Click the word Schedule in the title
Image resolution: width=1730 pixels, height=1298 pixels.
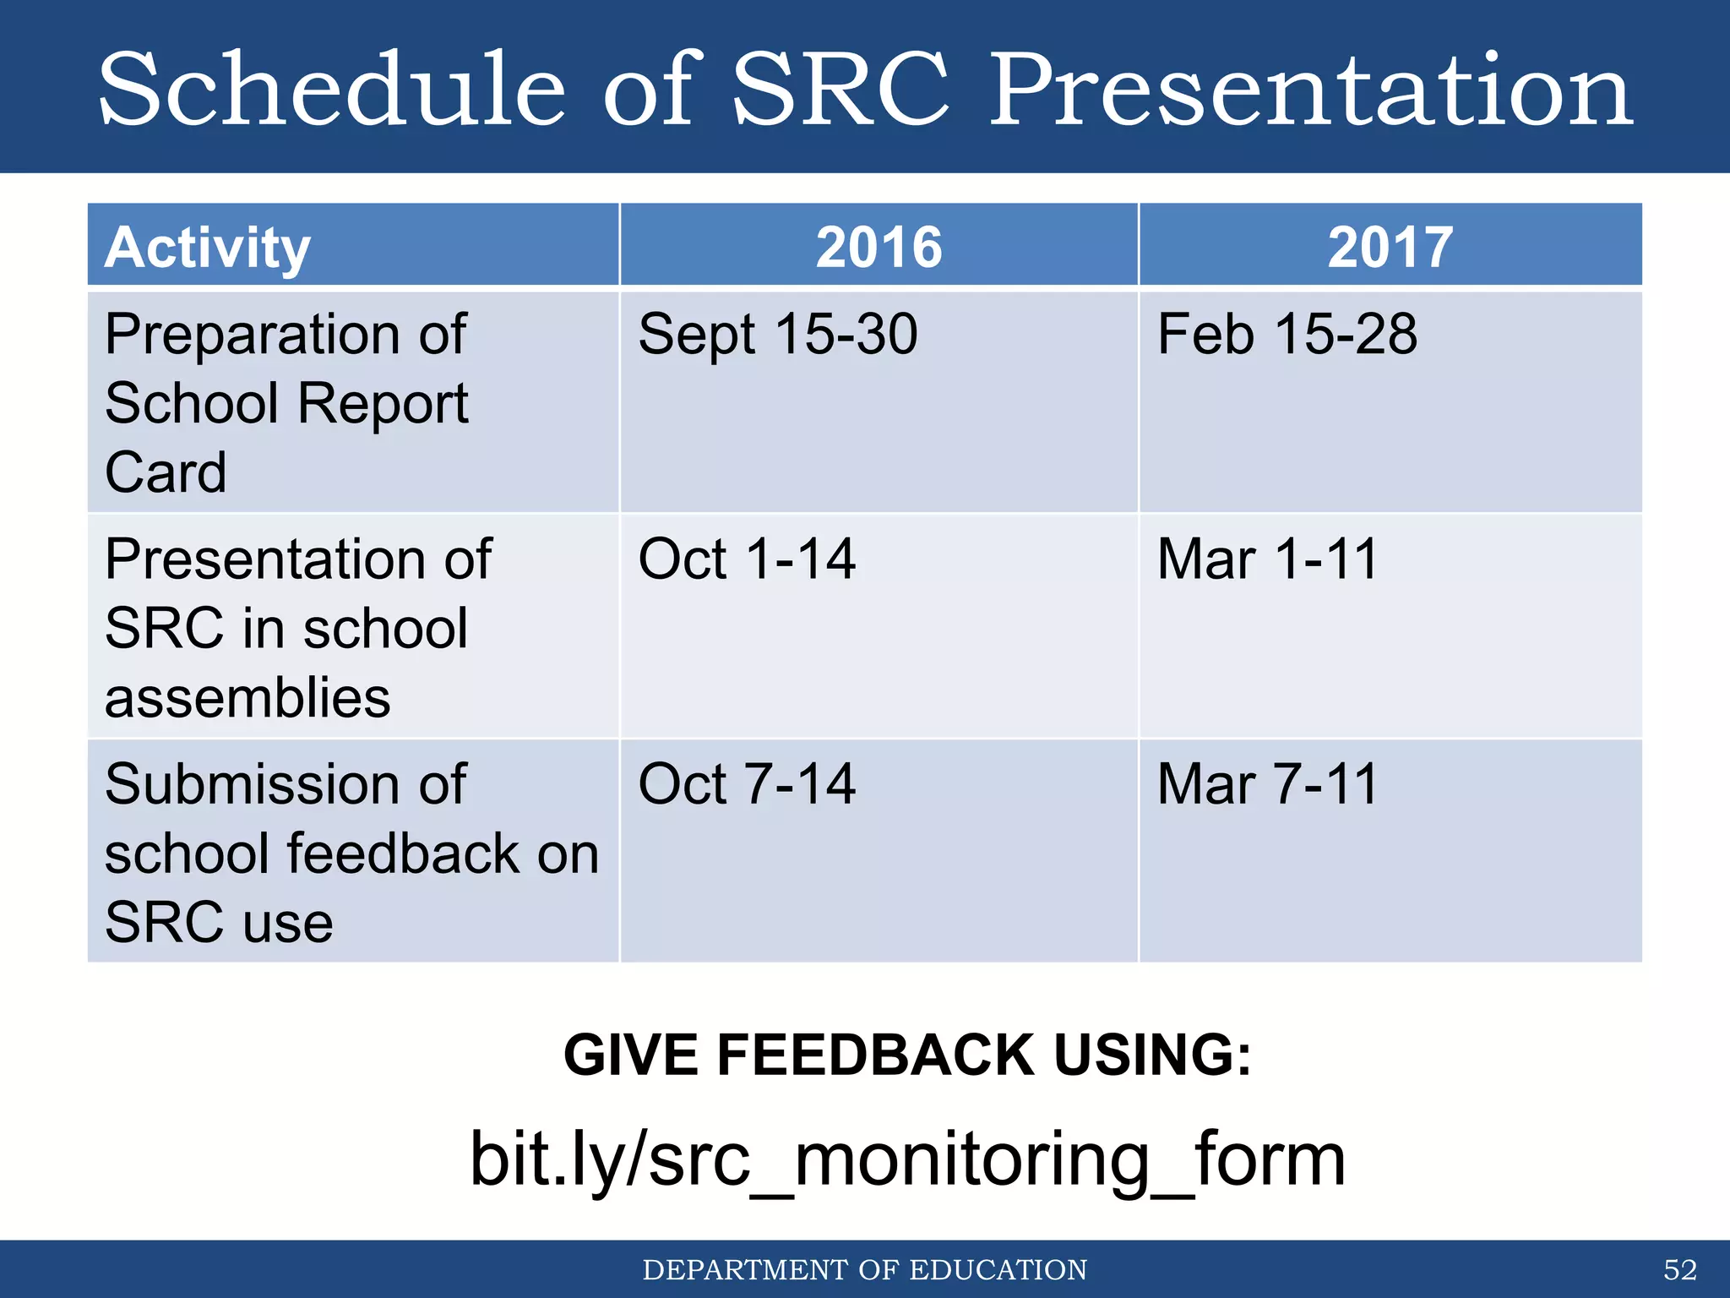tap(331, 89)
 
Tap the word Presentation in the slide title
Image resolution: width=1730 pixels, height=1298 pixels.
tap(1311, 89)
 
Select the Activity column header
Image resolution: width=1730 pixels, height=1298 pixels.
tap(208, 248)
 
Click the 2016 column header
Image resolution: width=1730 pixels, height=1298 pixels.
tap(879, 248)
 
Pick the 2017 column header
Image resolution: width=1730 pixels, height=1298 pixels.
tap(1390, 248)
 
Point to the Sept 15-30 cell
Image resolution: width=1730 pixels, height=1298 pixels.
tap(777, 335)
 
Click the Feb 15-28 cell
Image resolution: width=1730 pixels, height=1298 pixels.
tap(1287, 335)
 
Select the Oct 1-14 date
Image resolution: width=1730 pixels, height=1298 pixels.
tap(747, 559)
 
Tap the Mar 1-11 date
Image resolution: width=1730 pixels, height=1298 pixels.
tap(1267, 559)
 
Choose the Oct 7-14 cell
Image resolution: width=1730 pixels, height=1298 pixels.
tap(747, 784)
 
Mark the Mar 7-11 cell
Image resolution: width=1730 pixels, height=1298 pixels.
tap(1267, 784)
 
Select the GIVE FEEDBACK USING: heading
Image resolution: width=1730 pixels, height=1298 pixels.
tap(907, 1055)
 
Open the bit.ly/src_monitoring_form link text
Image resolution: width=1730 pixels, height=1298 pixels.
tap(907, 1159)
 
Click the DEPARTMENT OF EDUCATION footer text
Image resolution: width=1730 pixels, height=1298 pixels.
tap(865, 1269)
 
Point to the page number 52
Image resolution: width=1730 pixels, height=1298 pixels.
tap(1679, 1269)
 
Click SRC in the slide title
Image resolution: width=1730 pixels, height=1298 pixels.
tap(841, 89)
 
